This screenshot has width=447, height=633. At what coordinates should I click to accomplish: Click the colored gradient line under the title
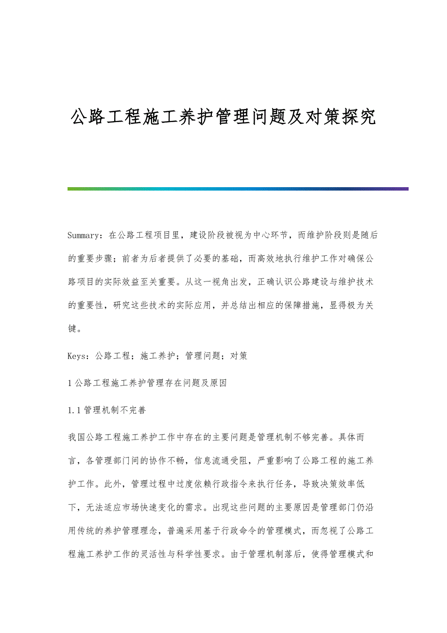238,189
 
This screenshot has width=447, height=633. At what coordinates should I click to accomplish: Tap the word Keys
77,355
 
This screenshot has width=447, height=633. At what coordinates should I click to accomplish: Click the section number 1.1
75,410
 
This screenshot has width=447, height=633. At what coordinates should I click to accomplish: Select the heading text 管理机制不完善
115,410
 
